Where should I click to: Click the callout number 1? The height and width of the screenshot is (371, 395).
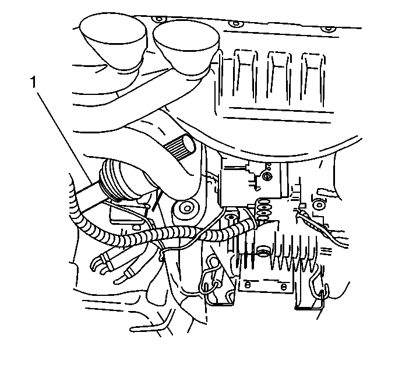[x=34, y=83]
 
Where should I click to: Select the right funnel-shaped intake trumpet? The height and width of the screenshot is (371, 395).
[x=186, y=48]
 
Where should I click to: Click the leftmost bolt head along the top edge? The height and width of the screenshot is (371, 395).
[x=159, y=19]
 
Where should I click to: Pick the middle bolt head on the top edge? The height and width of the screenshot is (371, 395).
[x=236, y=24]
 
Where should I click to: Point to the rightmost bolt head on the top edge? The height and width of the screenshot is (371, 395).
[x=328, y=29]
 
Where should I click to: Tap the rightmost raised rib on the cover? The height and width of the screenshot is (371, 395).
[x=313, y=78]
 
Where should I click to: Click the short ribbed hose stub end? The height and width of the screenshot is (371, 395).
[x=180, y=147]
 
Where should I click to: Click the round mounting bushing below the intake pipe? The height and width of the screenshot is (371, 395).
[x=187, y=208]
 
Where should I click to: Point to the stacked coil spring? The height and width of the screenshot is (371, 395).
[x=264, y=207]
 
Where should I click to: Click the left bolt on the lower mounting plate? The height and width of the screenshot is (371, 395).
[x=248, y=285]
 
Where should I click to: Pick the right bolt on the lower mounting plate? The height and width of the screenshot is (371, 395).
[x=283, y=287]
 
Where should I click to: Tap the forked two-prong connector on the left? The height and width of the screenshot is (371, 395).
[x=100, y=264]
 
